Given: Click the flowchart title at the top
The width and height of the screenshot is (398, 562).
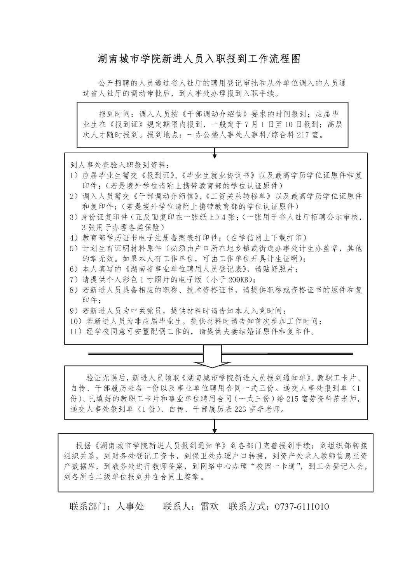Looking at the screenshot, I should tap(199, 59).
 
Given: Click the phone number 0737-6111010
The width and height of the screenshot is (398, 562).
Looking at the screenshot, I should tap(302, 506).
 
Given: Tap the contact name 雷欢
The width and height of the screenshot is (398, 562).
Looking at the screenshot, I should tap(210, 506).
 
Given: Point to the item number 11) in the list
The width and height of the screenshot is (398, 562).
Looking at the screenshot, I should tap(75, 332).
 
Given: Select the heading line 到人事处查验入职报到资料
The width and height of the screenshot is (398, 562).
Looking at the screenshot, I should tap(120, 165).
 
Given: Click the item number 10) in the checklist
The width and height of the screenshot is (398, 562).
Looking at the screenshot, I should tap(75, 321).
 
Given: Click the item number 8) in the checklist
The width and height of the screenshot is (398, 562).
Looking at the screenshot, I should tap(74, 290).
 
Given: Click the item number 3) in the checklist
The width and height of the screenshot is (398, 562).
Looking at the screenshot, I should tap(74, 217).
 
